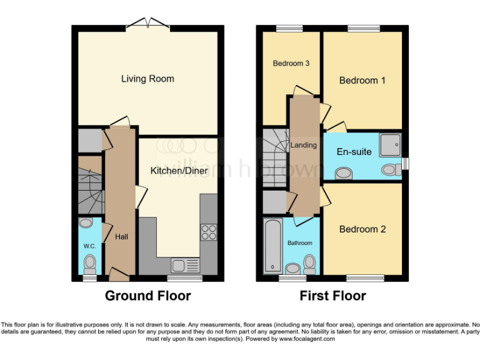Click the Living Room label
tap(147, 79)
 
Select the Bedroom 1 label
tap(362, 80)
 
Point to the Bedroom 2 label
tap(362, 229)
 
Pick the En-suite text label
tap(354, 152)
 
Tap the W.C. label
tap(90, 246)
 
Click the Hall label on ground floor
tap(121, 237)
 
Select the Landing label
tap(304, 145)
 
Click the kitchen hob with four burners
tap(208, 232)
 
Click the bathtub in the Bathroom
tap(272, 246)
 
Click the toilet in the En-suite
tap(391, 169)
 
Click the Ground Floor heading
tap(147, 296)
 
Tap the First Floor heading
tap(332, 296)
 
